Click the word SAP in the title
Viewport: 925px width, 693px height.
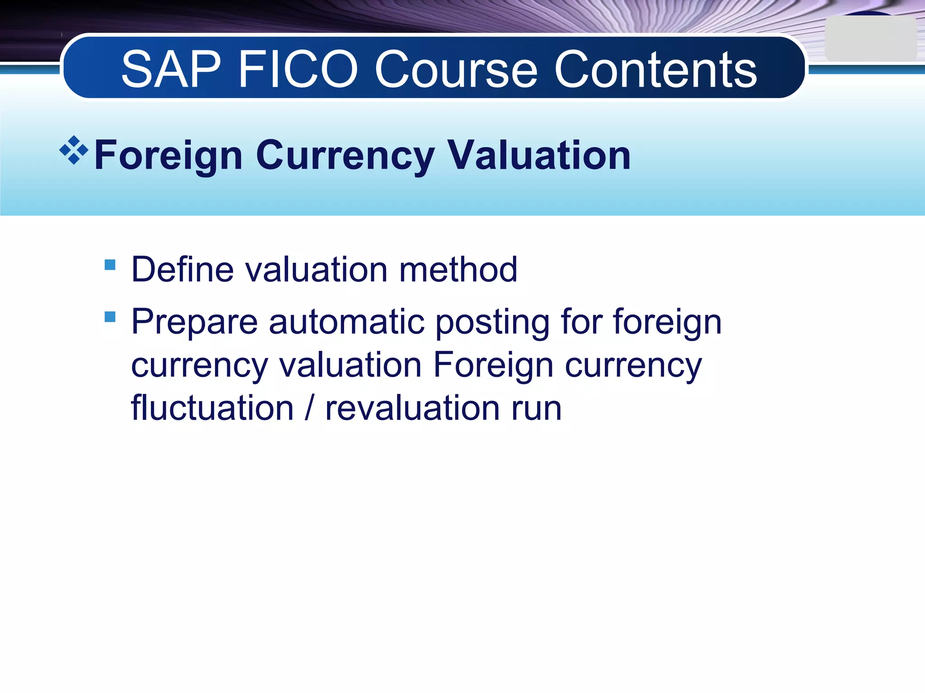[x=171, y=70]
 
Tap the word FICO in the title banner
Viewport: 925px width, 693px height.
[x=298, y=70]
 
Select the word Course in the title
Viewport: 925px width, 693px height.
[x=456, y=70]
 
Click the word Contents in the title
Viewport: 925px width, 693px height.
[x=655, y=70]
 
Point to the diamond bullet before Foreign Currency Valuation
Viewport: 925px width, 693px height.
[x=74, y=150]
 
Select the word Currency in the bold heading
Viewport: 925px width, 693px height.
[x=345, y=156]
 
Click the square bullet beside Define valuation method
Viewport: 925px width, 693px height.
[x=110, y=264]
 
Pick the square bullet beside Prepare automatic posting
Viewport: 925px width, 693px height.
[x=110, y=317]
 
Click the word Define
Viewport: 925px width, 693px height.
[x=182, y=270]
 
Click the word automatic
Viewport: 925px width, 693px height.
[x=346, y=322]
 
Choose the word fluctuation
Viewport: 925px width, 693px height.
[x=212, y=408]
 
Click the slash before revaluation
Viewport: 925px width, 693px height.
[x=309, y=408]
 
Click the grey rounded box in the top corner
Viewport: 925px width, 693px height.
[x=870, y=39]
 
